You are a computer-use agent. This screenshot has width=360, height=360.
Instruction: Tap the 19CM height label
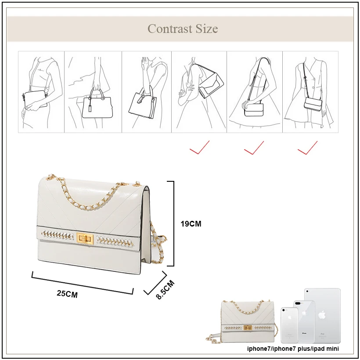191,223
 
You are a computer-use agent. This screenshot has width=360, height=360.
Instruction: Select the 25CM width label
67,294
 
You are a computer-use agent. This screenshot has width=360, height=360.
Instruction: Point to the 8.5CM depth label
166,290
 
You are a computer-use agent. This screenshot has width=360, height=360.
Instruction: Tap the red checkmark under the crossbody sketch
307,148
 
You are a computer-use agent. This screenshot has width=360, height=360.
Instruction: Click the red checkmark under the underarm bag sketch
199,147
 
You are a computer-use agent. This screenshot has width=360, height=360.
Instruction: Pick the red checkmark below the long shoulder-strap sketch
254,148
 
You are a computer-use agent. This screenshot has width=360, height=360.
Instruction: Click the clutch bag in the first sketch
35,99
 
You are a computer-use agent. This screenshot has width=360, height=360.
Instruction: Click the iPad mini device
322,316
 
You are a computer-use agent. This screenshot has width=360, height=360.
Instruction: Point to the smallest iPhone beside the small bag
289,325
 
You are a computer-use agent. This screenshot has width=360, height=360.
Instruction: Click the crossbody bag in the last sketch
313,104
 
